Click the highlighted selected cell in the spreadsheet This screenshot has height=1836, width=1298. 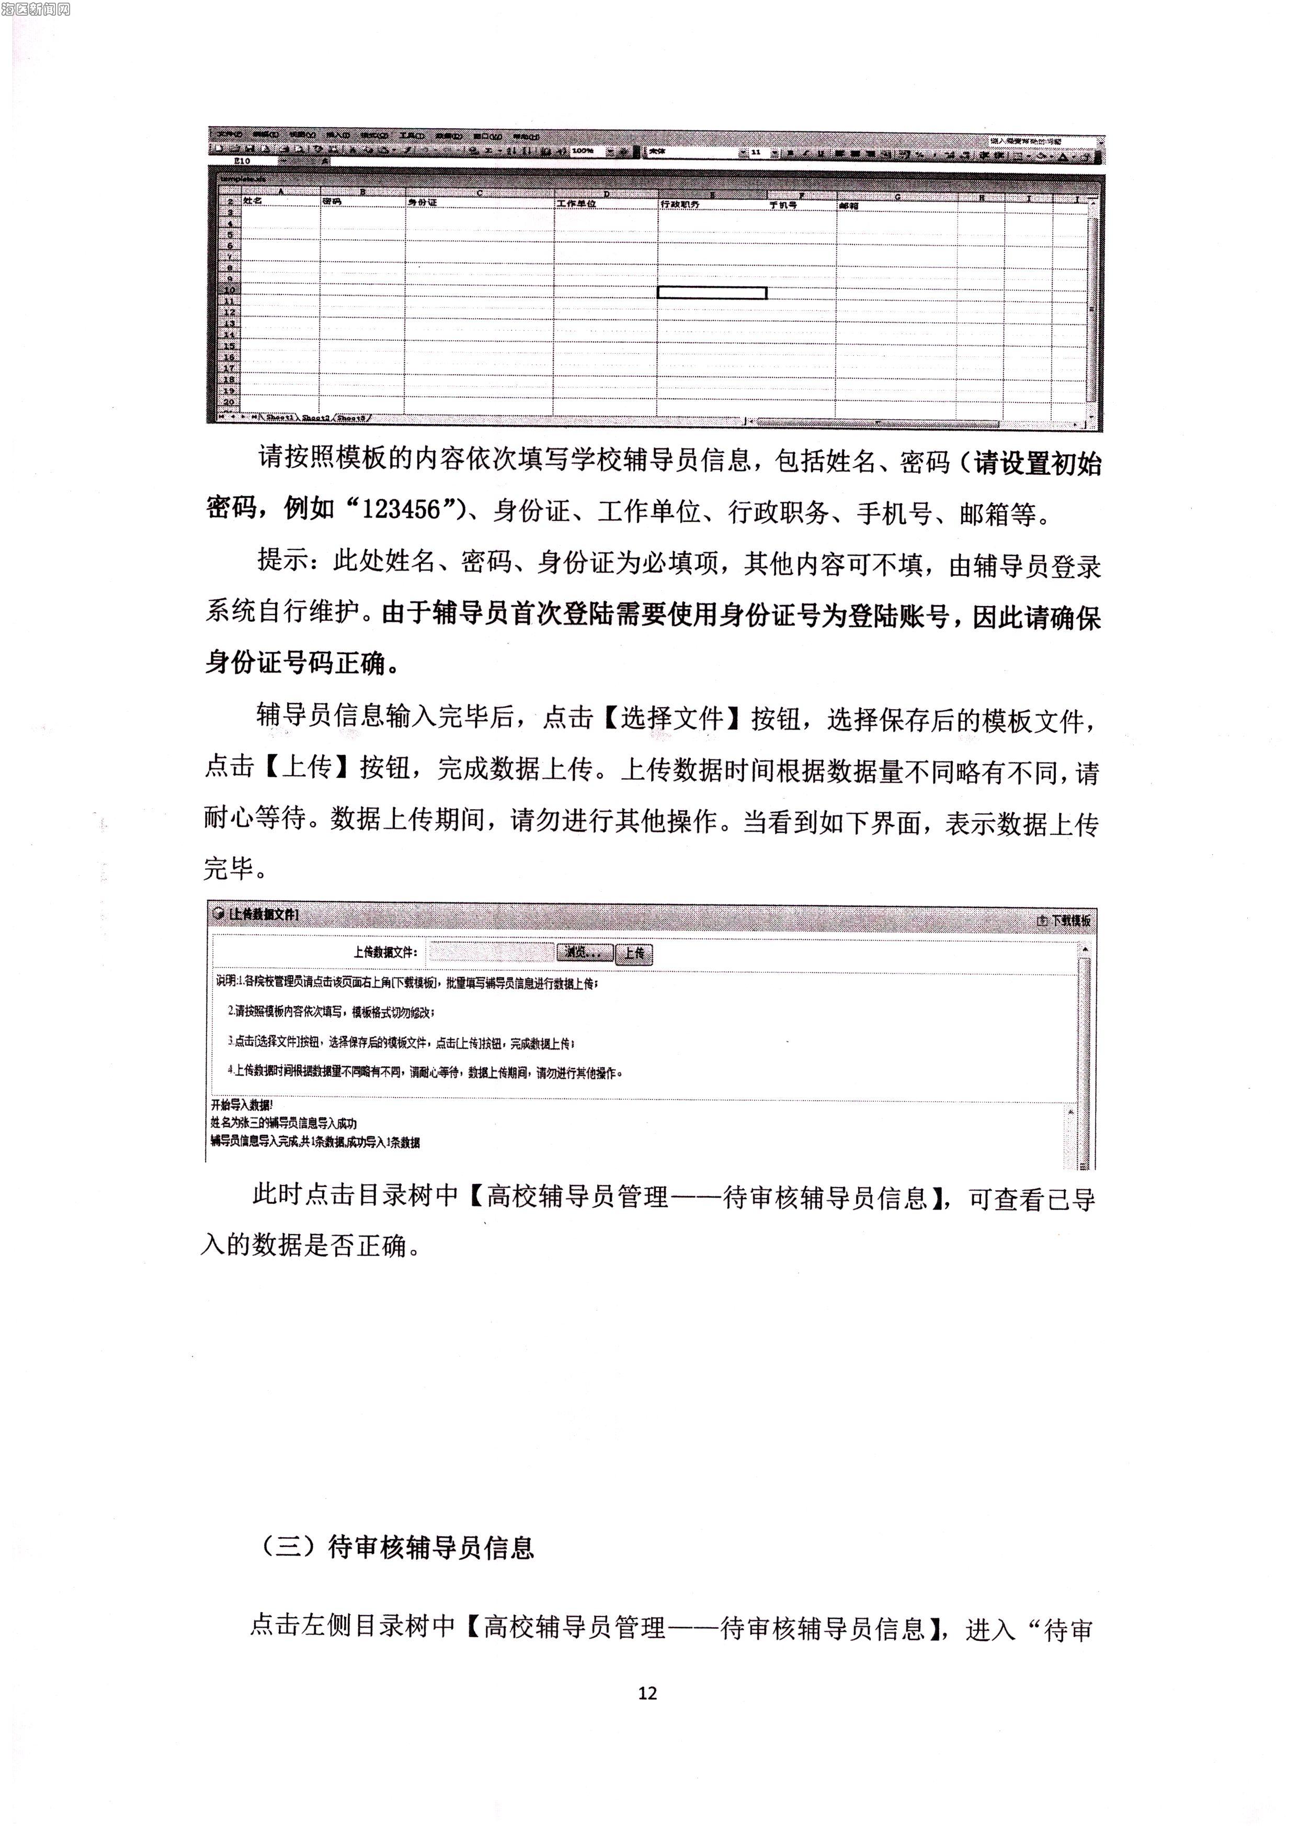coord(711,293)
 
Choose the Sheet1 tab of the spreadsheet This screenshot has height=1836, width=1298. coord(280,418)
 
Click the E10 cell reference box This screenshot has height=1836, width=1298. coord(242,161)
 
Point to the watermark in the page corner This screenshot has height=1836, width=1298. coord(36,9)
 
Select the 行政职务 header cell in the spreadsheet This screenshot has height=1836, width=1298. coord(680,205)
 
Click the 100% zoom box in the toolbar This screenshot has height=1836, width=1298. coord(584,150)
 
